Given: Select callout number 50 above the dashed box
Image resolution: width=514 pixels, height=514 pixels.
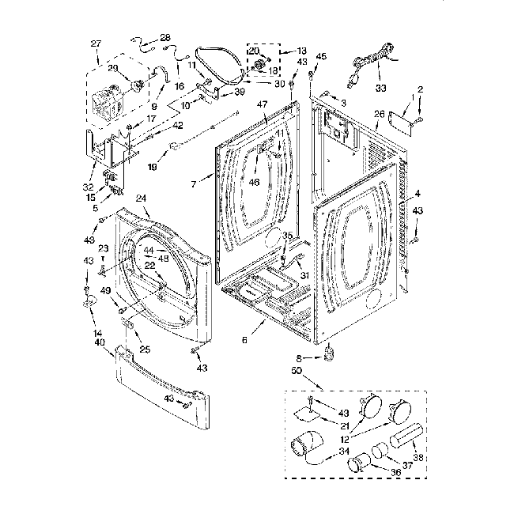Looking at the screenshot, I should [x=297, y=371].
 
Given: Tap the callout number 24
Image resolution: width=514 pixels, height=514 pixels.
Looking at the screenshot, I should [x=142, y=199].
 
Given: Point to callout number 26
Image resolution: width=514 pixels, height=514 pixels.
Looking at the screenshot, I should [x=378, y=115].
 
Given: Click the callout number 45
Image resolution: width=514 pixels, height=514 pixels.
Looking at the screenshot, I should [x=321, y=56].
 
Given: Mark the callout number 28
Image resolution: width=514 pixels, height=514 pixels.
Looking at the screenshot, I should [x=164, y=37].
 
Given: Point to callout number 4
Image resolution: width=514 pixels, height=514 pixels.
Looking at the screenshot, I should [x=418, y=194].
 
